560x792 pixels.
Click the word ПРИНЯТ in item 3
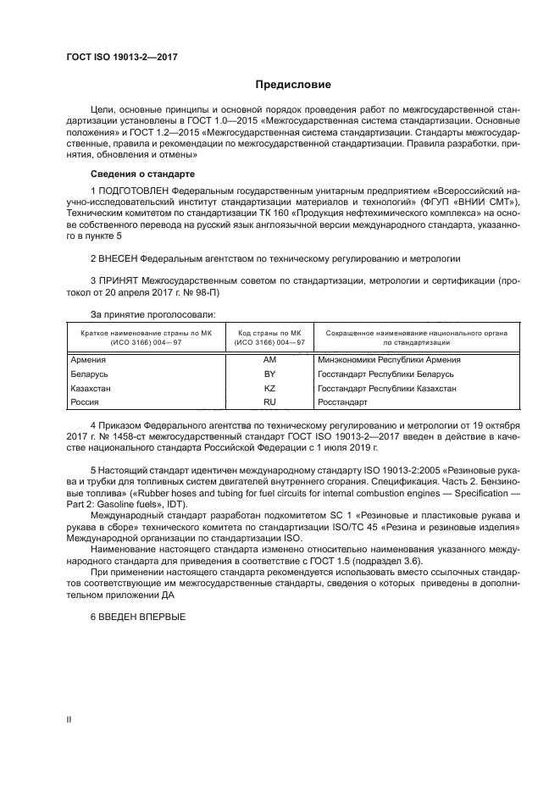[116, 279]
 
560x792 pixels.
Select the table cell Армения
[87, 359]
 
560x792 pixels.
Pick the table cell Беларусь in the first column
[89, 374]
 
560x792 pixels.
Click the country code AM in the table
[270, 359]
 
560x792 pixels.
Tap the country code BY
[270, 374]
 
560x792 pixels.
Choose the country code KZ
[270, 388]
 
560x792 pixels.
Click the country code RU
[270, 402]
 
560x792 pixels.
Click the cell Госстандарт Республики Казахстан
[386, 388]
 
